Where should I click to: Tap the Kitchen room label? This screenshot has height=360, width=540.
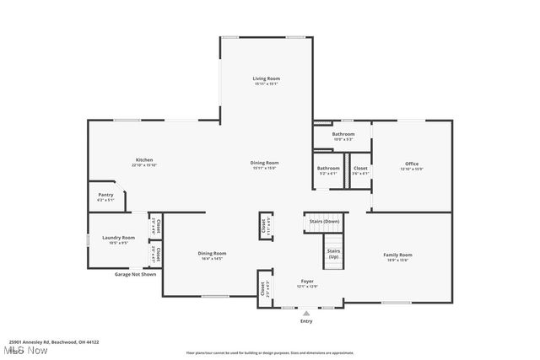[x=144, y=160]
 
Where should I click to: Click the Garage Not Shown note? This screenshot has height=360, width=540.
[x=136, y=274]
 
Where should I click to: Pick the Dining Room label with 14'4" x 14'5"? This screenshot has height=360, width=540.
[x=212, y=254]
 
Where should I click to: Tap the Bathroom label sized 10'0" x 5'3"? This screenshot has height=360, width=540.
[x=343, y=134]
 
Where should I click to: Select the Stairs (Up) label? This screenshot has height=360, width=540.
[x=334, y=253]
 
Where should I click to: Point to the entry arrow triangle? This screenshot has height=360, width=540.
[x=306, y=312]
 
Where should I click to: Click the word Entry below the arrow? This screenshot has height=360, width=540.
[x=306, y=321]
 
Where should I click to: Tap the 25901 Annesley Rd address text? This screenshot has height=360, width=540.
[x=60, y=342]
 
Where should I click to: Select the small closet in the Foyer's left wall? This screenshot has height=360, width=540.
[x=264, y=289]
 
